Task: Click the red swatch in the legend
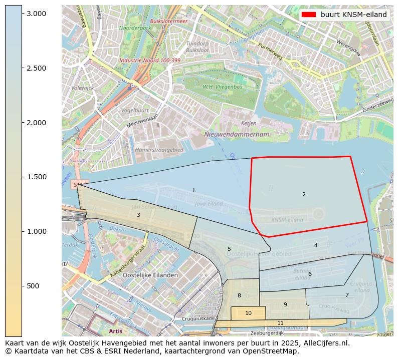point(309,15)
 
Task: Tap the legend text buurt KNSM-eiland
point(353,15)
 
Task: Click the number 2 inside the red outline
point(304,194)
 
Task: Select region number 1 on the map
point(193,190)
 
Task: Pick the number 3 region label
point(138,215)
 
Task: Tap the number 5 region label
point(229,249)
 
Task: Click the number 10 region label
point(248,313)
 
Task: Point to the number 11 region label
point(280,323)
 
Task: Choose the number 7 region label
point(346,295)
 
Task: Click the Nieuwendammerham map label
point(237,134)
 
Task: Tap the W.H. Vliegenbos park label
point(222,87)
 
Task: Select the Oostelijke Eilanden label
point(150,275)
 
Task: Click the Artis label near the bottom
point(115,331)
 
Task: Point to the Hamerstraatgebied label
point(159,150)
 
